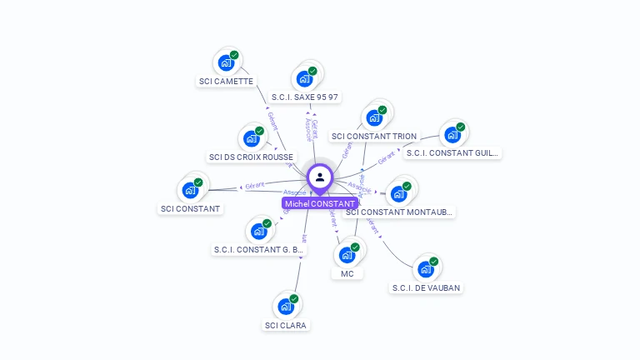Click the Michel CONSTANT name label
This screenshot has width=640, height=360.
(x=320, y=203)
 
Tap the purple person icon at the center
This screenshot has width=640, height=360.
(x=320, y=177)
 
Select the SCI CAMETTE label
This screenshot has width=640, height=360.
(x=226, y=82)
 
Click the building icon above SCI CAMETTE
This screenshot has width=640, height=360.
(x=226, y=62)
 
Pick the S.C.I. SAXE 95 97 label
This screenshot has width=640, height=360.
(x=305, y=97)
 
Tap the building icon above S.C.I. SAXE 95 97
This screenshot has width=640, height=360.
(x=305, y=78)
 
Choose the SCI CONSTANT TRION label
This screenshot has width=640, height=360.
(x=373, y=137)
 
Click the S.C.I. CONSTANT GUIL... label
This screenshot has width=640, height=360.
(x=452, y=152)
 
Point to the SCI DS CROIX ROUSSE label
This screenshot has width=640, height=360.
(x=251, y=157)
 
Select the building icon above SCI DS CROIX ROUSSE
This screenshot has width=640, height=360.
(x=251, y=138)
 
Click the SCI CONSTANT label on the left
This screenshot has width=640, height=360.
(x=191, y=208)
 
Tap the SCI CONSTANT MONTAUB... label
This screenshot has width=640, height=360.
(x=399, y=212)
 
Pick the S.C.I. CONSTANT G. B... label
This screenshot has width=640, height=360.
(x=259, y=249)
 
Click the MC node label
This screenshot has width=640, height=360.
(x=347, y=273)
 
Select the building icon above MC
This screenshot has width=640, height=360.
(x=347, y=254)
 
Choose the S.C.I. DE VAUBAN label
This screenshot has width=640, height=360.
(x=426, y=288)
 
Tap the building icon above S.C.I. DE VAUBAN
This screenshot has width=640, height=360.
(x=426, y=268)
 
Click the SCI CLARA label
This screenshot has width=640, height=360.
(x=286, y=325)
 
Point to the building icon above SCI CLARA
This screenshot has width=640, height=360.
(x=286, y=306)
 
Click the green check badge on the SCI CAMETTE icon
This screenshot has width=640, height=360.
(x=234, y=55)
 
